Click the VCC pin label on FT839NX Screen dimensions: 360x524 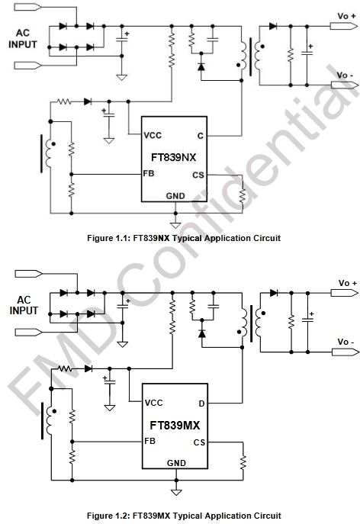pos(153,135)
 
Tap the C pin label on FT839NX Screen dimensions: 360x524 pos(201,136)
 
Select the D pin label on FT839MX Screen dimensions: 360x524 pos(201,403)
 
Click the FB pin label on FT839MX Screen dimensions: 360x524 pos(149,441)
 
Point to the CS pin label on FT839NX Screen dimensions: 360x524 pos(198,175)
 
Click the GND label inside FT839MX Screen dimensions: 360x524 pos(176,463)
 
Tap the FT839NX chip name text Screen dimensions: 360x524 pos(173,157)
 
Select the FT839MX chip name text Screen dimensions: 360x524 pos(175,425)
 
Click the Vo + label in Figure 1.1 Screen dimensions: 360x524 pos(346,16)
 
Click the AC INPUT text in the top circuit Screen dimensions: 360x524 pos(23,38)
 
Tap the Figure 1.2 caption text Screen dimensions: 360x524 pos(184,516)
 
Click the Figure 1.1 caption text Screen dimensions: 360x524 pos(184,238)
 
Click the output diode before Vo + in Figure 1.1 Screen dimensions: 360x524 pos(273,26)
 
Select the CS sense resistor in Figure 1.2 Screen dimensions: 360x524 pos(243,463)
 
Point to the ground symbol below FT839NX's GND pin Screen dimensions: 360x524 pos(175,225)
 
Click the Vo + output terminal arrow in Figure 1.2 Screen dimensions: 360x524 pos(345,293)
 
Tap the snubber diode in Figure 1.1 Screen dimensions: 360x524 pos(201,67)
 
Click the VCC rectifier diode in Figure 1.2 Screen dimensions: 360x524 pos(88,368)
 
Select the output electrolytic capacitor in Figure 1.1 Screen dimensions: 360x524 pos(307,53)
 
